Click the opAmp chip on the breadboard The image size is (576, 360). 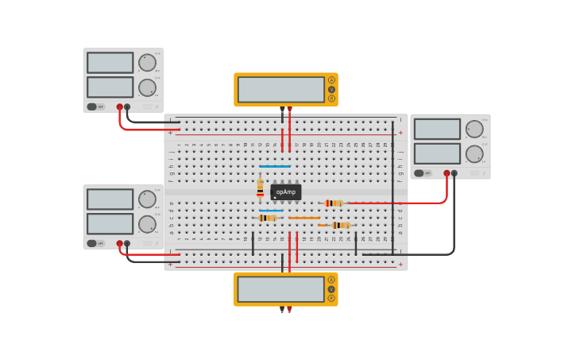pyautogui.click(x=285, y=192)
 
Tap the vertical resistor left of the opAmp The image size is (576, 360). pyautogui.click(x=260, y=188)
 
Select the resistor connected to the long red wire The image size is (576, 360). pyautogui.click(x=334, y=203)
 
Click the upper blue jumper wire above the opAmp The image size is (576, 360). pyautogui.click(x=275, y=167)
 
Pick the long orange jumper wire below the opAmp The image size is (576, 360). pyautogui.click(x=304, y=218)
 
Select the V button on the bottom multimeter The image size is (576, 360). pyautogui.click(x=331, y=288)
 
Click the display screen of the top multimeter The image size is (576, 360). pyautogui.click(x=280, y=89)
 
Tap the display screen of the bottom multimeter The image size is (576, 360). pyautogui.click(x=280, y=288)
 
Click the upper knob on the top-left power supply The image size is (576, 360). pyautogui.click(x=147, y=63)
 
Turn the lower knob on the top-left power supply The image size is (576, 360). pyautogui.click(x=147, y=87)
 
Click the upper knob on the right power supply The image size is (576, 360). pyautogui.click(x=474, y=129)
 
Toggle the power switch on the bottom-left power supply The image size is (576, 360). pyautogui.click(x=92, y=243)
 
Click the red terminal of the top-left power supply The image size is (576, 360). pyautogui.click(x=120, y=106)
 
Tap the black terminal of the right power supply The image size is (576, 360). pyautogui.click(x=454, y=172)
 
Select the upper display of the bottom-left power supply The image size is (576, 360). pyautogui.click(x=110, y=199)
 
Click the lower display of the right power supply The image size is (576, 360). pyautogui.click(x=437, y=153)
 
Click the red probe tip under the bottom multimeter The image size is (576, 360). pyautogui.click(x=289, y=308)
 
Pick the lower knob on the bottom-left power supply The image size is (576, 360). pyautogui.click(x=147, y=224)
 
